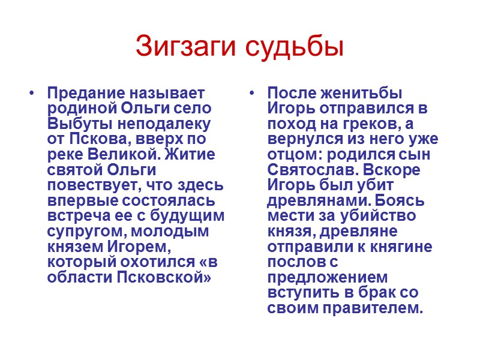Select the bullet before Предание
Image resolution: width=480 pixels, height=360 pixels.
click(x=32, y=94)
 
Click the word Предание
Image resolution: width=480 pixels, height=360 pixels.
click(x=82, y=94)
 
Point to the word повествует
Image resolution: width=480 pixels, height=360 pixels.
click(x=88, y=184)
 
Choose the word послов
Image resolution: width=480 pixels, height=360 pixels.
click(x=296, y=262)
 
